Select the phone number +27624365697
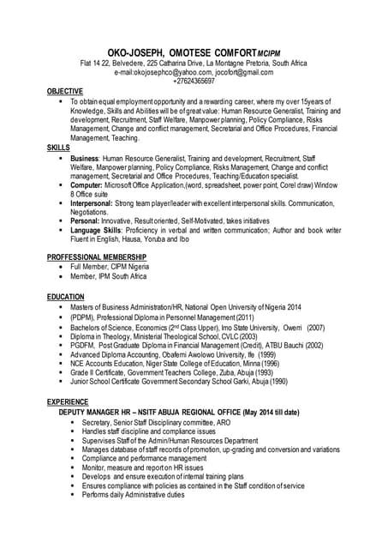coord(194,81)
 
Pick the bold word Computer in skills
coord(87,185)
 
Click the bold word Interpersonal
coord(96,202)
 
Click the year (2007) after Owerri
coord(315,328)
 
